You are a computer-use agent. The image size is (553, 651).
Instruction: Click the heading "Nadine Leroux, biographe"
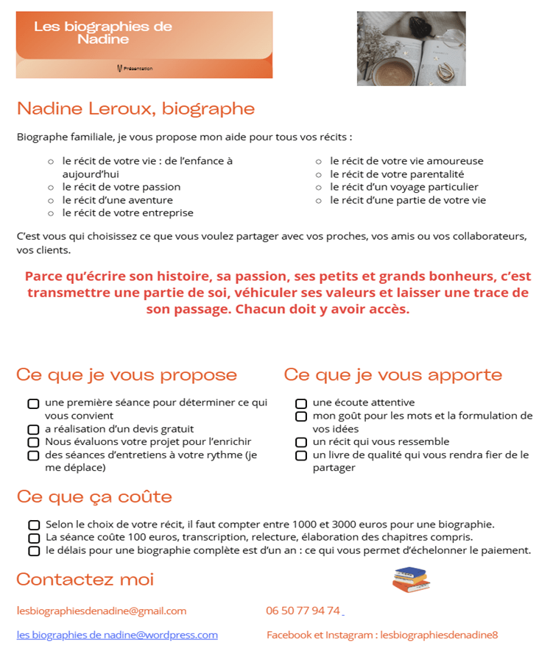(135, 110)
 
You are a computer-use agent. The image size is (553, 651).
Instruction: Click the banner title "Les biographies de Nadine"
(103, 32)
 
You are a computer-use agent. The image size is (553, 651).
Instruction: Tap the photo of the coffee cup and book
(411, 49)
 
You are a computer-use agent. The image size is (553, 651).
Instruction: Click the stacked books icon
(411, 580)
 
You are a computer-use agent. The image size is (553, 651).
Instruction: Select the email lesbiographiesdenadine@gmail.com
(102, 611)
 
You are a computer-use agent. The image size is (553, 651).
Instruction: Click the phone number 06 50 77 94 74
(303, 611)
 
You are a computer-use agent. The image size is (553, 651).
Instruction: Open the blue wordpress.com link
(117, 635)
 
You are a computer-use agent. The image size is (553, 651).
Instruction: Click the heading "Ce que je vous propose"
(127, 375)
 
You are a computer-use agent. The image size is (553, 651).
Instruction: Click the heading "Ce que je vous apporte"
(392, 375)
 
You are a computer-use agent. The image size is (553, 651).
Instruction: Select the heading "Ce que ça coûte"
(94, 497)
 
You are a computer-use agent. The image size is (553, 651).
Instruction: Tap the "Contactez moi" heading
(85, 579)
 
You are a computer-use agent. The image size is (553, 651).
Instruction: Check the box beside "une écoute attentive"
(301, 403)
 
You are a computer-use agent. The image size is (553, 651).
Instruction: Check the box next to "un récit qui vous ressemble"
(301, 443)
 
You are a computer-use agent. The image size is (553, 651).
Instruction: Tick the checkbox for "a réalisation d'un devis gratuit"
(33, 430)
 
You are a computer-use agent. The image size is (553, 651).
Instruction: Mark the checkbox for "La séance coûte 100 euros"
(34, 538)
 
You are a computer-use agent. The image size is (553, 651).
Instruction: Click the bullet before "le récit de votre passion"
(51, 188)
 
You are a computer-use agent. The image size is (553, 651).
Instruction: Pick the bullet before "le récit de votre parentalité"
(319, 175)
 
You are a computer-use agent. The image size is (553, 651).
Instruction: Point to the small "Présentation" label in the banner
(138, 68)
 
